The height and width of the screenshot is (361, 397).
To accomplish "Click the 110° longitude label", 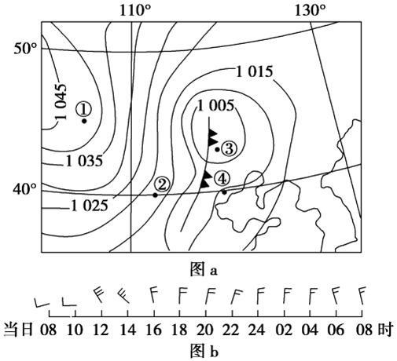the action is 135,11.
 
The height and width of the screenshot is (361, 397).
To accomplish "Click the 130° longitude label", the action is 311,11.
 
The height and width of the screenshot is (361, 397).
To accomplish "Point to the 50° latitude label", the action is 25,49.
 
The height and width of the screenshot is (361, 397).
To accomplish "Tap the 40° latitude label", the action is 25,189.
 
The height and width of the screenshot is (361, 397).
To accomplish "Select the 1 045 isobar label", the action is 61,101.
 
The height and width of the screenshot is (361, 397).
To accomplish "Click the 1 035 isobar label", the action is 84,161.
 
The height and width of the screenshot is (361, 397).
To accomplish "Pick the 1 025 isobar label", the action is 90,206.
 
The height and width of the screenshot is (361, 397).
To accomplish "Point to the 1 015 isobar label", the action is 255,71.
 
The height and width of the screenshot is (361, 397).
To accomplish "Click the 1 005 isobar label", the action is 215,106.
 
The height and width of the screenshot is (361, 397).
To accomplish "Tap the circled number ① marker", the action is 84,109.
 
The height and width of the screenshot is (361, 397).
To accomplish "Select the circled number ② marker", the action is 162,184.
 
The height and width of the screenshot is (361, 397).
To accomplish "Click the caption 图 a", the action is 204,270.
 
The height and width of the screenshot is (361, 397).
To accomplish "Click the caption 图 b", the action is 204,351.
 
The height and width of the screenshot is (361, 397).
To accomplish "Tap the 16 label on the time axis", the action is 154,330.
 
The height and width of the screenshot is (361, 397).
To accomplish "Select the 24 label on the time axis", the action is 257,330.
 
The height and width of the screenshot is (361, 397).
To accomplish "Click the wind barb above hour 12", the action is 99,295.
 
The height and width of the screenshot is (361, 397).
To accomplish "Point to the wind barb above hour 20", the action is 210,296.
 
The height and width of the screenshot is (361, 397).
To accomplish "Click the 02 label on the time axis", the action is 284,330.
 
